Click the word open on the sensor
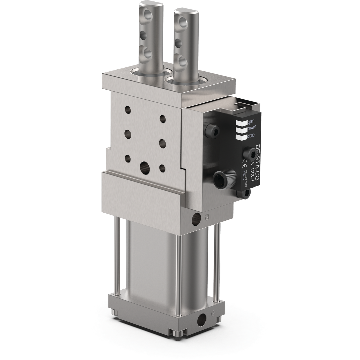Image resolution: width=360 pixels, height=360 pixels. click(x=251, y=121)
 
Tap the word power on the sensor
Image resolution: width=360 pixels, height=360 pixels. click(x=252, y=128)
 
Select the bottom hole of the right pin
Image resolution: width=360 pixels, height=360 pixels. click(x=182, y=62)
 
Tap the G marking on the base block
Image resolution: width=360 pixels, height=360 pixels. click(x=212, y=314)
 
